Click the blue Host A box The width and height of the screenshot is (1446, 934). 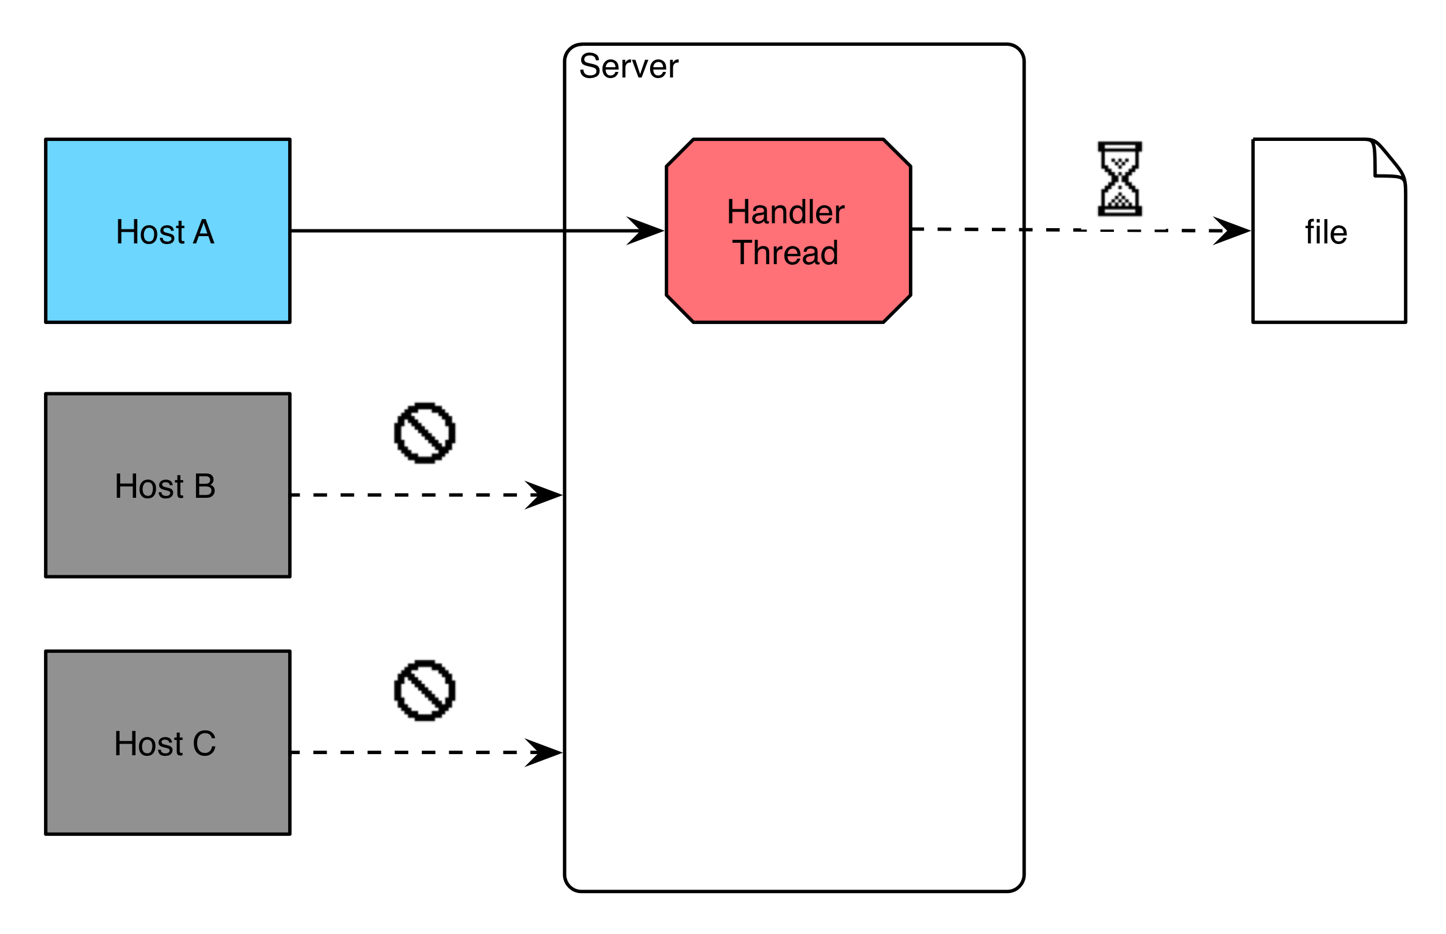point(168,231)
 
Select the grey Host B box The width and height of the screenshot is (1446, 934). point(168,485)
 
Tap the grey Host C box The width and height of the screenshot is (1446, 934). point(168,742)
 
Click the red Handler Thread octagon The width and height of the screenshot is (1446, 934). point(789,231)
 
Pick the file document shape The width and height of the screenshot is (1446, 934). point(1329,231)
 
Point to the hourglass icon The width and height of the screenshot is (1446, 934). point(1119,179)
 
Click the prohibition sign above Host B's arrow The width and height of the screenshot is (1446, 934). point(425,433)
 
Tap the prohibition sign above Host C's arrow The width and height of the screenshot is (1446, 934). point(425,691)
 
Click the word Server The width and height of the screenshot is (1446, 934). point(629,66)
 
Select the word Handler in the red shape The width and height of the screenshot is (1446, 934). point(786,212)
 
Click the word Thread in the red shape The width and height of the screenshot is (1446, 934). point(786,253)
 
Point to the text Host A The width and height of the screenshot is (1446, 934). point(165,232)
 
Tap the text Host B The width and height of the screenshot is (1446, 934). point(165,486)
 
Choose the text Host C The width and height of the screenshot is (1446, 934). point(165,744)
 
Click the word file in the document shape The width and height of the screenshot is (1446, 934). point(1326,232)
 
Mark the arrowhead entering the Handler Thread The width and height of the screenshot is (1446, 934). point(646,231)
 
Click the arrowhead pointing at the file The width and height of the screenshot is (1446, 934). point(1232,231)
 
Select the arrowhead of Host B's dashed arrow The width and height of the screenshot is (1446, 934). point(544,495)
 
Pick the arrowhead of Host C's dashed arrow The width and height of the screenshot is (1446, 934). point(544,752)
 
